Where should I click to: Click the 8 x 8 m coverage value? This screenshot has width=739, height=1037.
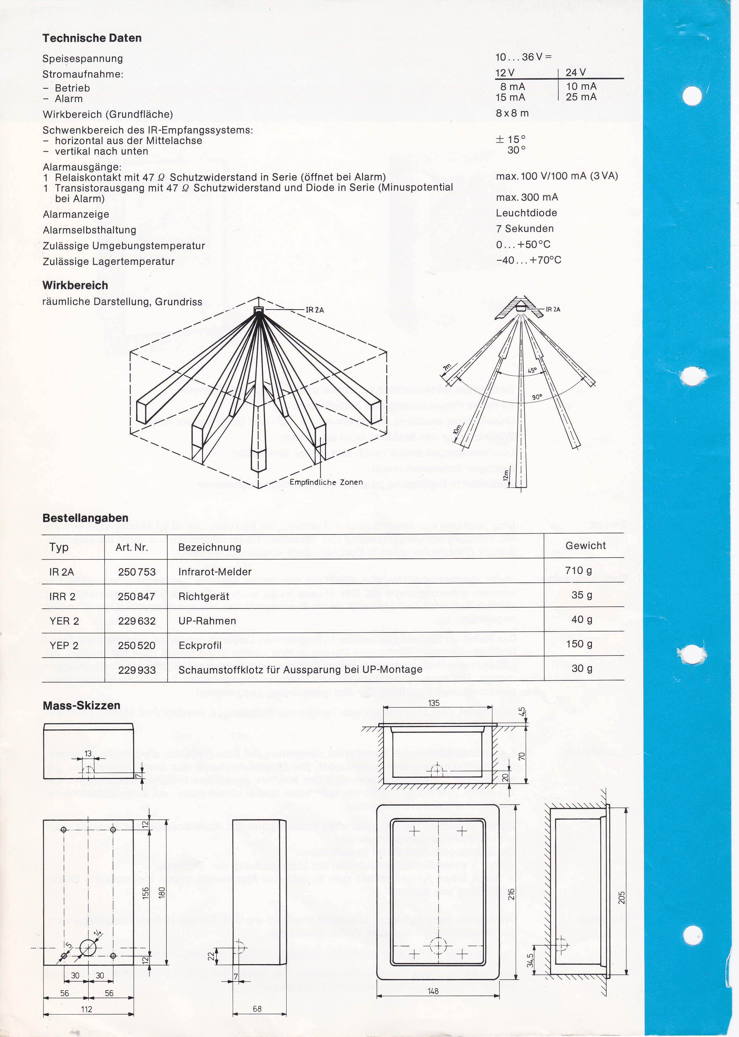point(513,113)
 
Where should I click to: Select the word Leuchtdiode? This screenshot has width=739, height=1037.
point(526,213)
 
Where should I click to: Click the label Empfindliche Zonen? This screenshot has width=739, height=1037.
point(326,482)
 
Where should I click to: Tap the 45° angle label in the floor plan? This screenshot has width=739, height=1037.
point(532,371)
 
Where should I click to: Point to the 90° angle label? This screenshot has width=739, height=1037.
point(537,397)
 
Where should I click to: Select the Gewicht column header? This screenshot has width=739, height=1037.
point(585,546)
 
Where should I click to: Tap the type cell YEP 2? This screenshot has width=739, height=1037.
point(64,646)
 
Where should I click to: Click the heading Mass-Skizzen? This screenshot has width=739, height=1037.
point(81,706)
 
